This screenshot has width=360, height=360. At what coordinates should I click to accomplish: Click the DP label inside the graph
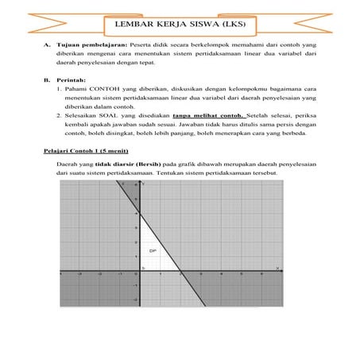153,251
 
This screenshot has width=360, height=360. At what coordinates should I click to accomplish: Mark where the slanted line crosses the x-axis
180,273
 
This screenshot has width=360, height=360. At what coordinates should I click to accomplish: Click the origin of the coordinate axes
139,273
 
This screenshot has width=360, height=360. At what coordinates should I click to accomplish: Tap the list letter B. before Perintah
46,80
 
